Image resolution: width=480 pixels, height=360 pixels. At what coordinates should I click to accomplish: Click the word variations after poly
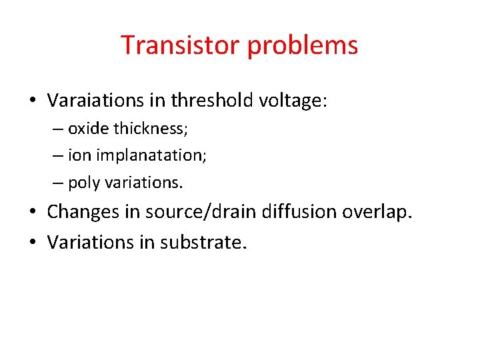(143, 182)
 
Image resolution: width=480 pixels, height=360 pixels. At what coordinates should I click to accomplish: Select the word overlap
(378, 212)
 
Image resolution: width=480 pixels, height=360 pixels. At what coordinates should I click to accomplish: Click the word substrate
(204, 242)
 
